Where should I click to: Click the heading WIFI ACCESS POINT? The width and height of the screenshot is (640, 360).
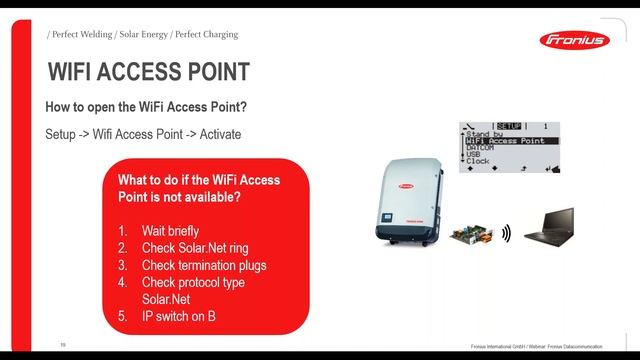coord(149,73)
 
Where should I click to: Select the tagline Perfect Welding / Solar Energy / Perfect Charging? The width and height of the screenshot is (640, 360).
coord(143,34)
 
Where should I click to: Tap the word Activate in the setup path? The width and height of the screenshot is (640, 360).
coord(218,134)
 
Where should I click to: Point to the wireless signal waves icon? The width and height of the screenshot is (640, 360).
coord(506,233)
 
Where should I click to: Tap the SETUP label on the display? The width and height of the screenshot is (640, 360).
coord(508,127)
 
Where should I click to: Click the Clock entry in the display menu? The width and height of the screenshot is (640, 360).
coord(478,160)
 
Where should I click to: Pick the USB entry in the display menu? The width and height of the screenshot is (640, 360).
coord(474,154)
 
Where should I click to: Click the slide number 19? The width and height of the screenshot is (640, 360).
coord(62,344)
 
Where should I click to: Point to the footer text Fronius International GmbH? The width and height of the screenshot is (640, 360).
coord(501,346)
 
